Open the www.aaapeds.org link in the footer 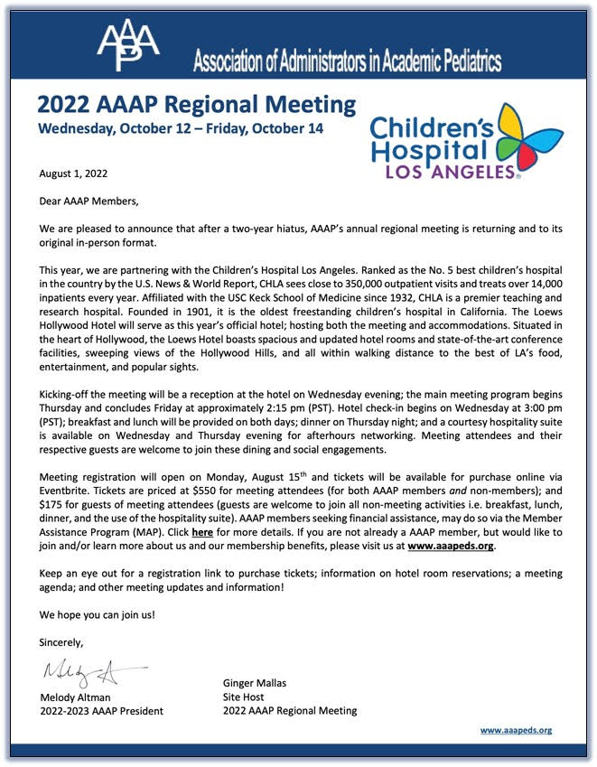click(516, 730)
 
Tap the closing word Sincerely click(61, 642)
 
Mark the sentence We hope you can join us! click(97, 614)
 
